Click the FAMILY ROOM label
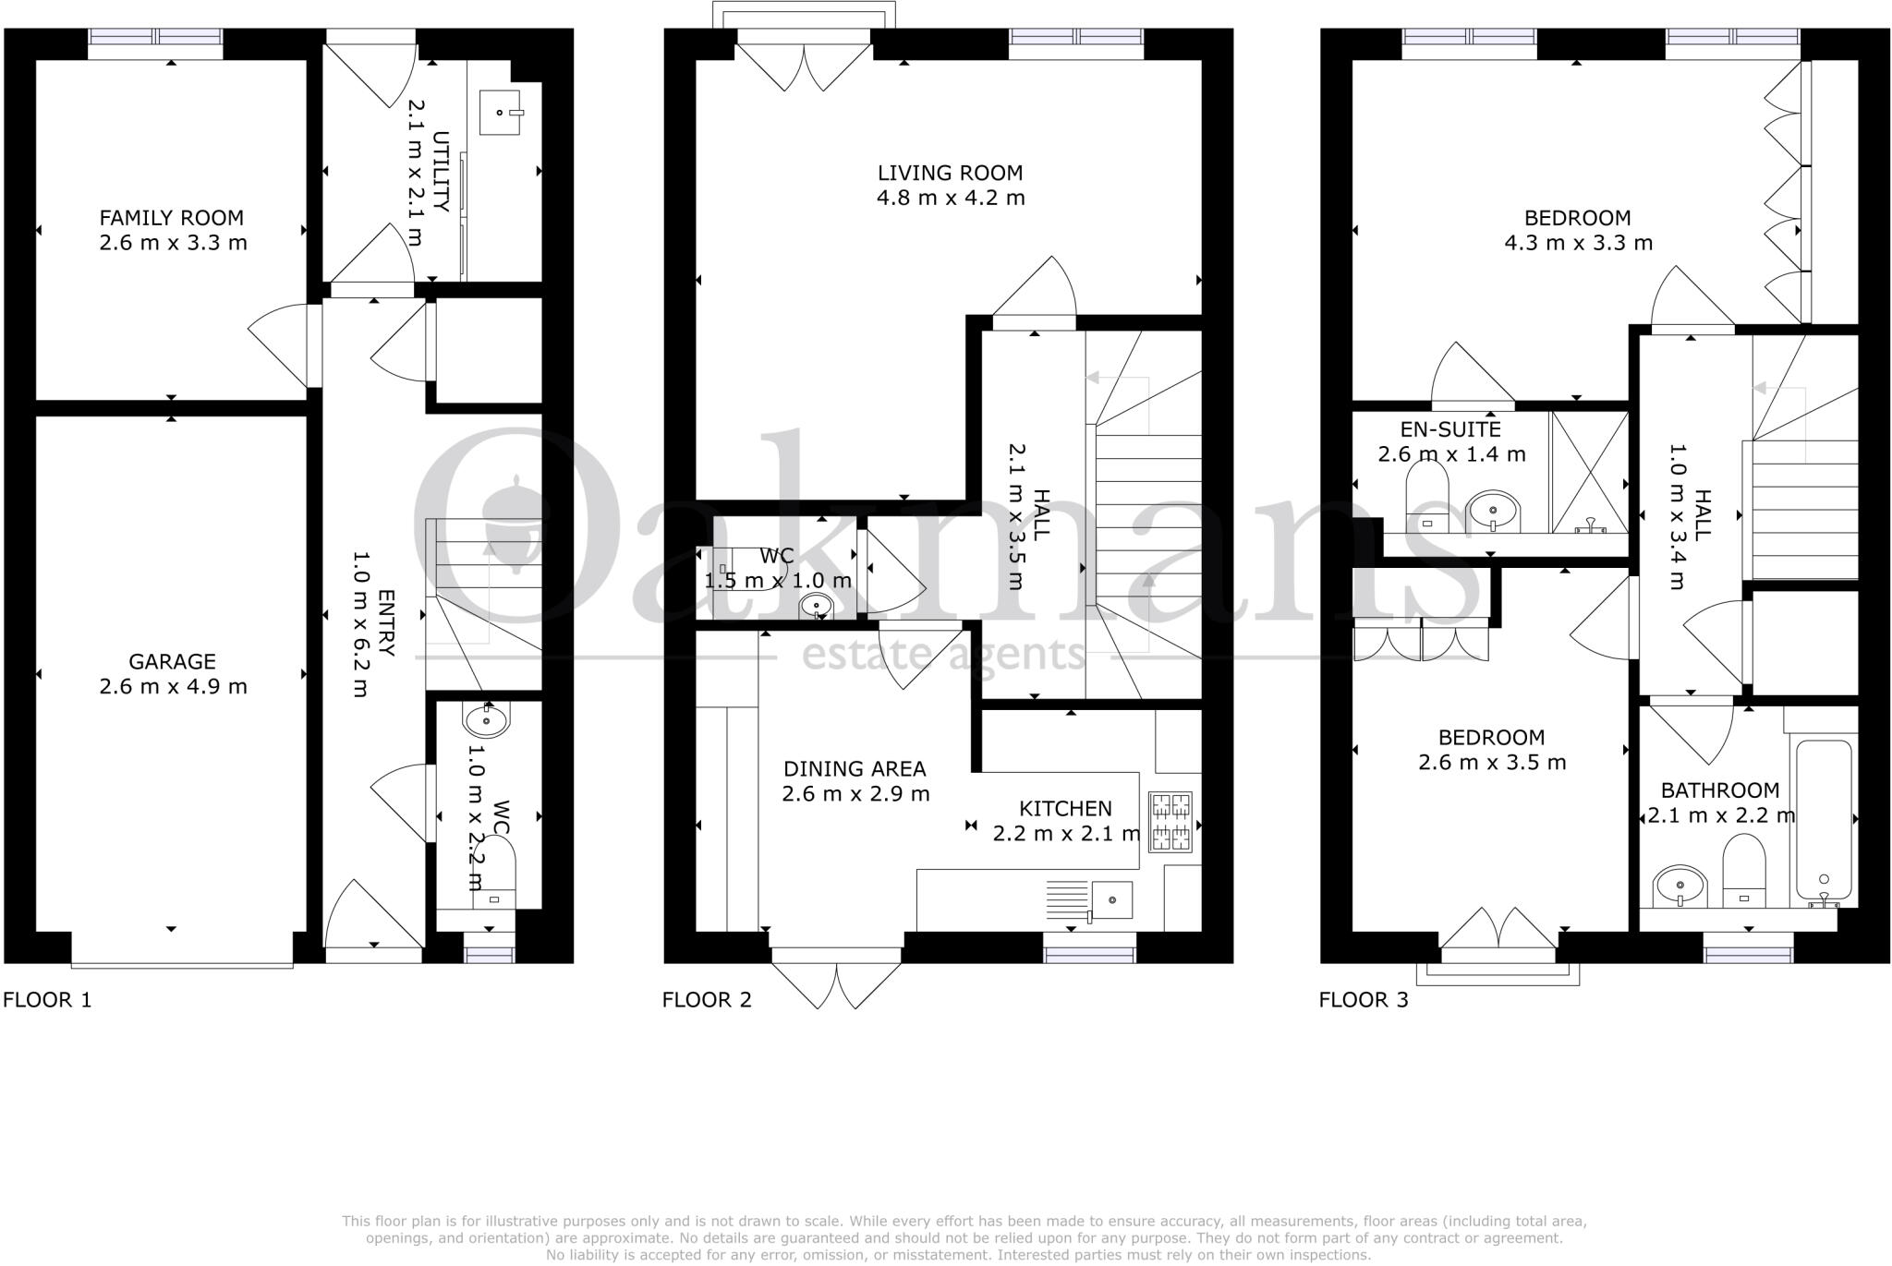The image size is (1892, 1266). pyautogui.click(x=172, y=218)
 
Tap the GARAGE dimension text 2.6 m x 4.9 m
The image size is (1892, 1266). pyautogui.click(x=173, y=687)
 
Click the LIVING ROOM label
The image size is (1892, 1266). pyautogui.click(x=950, y=173)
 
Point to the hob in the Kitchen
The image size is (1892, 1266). pyautogui.click(x=1170, y=822)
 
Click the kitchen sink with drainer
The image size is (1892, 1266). pyautogui.click(x=1090, y=900)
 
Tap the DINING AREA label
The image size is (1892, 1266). pyautogui.click(x=855, y=768)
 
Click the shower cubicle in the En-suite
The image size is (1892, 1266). pyautogui.click(x=1590, y=473)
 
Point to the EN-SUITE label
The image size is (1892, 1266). pyautogui.click(x=1450, y=429)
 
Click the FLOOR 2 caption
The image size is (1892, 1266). pyautogui.click(x=707, y=1000)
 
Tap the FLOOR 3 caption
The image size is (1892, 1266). pyautogui.click(x=1364, y=1000)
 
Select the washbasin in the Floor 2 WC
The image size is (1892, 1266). pyautogui.click(x=816, y=606)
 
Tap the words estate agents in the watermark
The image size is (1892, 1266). pyautogui.click(x=942, y=655)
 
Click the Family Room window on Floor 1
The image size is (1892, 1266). pyautogui.click(x=156, y=38)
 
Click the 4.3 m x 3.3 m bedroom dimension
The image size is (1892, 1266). pyautogui.click(x=1578, y=244)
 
